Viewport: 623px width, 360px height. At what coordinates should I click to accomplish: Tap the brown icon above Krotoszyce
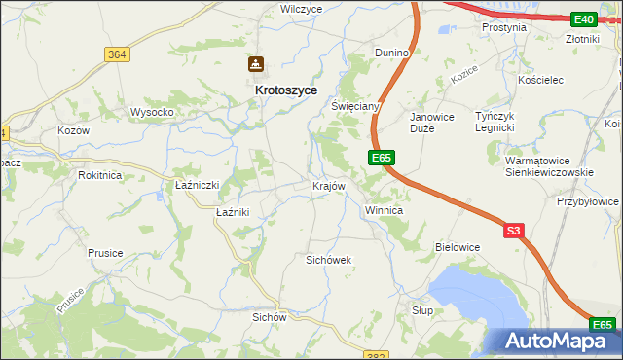click(x=255, y=65)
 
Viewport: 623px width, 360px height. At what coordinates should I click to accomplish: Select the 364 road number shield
click(x=117, y=54)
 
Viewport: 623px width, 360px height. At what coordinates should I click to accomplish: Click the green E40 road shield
click(x=584, y=19)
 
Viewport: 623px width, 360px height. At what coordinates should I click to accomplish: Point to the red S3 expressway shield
click(x=515, y=231)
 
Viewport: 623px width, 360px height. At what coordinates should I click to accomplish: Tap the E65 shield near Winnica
click(x=382, y=158)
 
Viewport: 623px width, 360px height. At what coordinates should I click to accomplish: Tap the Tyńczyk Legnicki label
click(x=493, y=122)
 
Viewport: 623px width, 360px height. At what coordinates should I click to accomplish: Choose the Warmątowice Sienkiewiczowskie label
click(x=550, y=166)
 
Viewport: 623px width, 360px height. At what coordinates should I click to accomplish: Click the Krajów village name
click(x=328, y=185)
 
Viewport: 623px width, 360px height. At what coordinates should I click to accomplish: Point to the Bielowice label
click(x=458, y=247)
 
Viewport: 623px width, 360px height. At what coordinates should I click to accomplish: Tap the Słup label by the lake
click(x=421, y=309)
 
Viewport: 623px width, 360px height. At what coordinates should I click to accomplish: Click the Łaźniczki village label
click(x=197, y=185)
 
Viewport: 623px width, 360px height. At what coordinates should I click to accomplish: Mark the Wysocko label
click(x=152, y=112)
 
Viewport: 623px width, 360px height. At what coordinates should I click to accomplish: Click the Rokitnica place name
click(x=101, y=175)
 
